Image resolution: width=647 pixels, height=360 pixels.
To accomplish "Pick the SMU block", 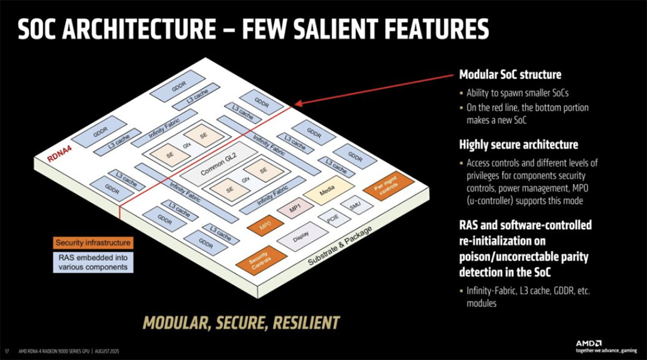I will [355, 206].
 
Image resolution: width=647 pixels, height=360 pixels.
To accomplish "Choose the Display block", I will [296, 239].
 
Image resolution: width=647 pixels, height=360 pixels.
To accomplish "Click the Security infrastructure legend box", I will [93, 243].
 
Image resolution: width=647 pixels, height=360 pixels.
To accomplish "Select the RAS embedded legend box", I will [93, 262].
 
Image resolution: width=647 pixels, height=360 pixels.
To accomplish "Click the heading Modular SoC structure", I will [510, 74].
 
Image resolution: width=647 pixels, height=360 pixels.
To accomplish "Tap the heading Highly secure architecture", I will [518, 144].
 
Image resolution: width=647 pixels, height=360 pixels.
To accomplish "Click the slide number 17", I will [7, 350].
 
